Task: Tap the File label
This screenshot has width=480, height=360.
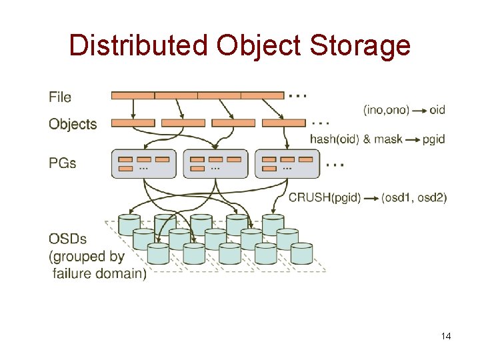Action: [x=60, y=97]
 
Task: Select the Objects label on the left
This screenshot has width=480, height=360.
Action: [x=73, y=124]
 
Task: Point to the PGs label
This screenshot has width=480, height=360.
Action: [x=63, y=163]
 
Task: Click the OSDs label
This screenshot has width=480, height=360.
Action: [x=67, y=239]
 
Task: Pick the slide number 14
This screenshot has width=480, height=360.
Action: [x=446, y=336]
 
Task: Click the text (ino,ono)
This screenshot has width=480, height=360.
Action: [x=387, y=109]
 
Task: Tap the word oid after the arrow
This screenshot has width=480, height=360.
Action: [x=437, y=109]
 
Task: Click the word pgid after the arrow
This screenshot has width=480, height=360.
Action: [x=433, y=139]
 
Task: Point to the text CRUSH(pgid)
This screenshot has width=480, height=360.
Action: [x=325, y=197]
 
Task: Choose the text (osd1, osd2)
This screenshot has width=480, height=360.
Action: [x=414, y=197]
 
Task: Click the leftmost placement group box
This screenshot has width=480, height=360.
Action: [x=144, y=164]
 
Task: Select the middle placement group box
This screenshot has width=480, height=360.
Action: [x=215, y=164]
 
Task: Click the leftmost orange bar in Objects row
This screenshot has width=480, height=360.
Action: [x=133, y=123]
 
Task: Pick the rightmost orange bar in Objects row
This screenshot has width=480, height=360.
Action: [x=283, y=123]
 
